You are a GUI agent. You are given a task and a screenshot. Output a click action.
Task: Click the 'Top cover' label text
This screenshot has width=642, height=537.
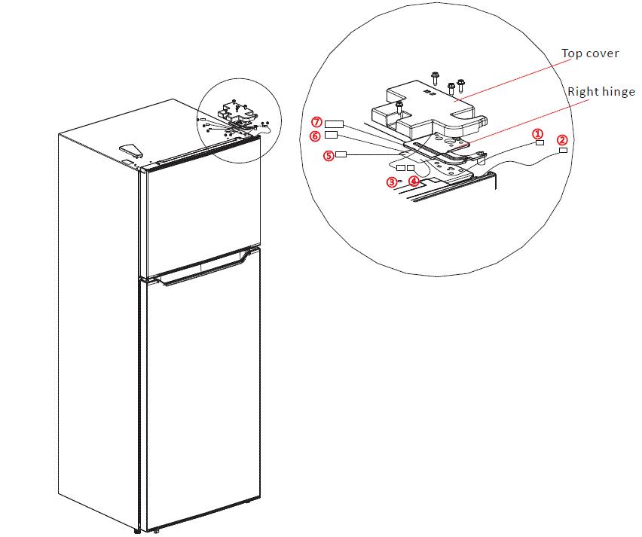click(590, 53)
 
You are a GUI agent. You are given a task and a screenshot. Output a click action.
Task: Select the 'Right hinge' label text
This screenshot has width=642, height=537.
click(601, 92)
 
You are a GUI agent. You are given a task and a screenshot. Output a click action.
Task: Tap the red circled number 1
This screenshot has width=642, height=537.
click(538, 133)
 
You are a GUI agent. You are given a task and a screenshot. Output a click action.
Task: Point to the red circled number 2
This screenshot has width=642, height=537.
click(562, 140)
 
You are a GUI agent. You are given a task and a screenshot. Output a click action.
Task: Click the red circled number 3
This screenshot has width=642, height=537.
click(392, 181)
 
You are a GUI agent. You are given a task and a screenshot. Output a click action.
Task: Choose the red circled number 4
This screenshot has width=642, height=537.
click(414, 181)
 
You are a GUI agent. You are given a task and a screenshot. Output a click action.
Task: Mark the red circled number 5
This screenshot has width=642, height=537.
click(328, 156)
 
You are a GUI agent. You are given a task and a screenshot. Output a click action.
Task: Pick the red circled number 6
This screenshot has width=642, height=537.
click(316, 136)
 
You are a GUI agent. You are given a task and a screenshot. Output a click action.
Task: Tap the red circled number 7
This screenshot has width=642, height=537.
click(317, 122)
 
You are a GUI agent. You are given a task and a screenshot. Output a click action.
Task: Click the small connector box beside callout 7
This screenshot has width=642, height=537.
click(335, 124)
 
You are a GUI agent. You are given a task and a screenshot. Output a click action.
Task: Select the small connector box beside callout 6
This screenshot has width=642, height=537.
click(331, 136)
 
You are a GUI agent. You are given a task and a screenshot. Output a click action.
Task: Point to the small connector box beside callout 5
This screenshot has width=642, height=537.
click(341, 154)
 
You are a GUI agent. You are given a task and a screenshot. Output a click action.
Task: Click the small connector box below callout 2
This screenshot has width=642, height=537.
click(563, 151)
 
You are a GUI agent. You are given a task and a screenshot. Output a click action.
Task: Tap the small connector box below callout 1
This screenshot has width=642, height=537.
click(540, 142)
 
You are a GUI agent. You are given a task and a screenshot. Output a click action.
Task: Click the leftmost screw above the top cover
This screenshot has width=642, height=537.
click(435, 77)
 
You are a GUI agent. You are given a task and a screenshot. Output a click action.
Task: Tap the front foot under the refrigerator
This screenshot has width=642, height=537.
click(155, 532)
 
